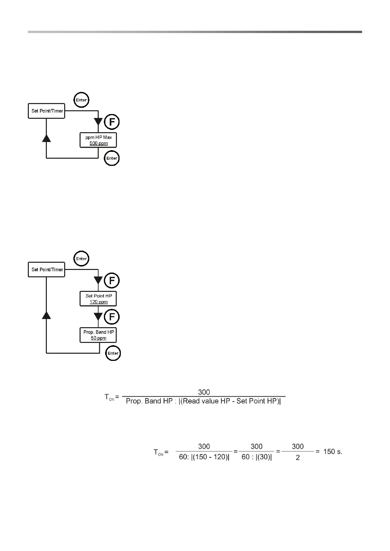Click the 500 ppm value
tap(99, 143)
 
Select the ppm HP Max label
tap(99, 137)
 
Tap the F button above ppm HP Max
tap(112, 122)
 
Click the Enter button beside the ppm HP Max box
tap(112, 158)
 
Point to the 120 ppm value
tap(99, 302)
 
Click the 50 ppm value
tap(99, 338)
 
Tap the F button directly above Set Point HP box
tap(112, 281)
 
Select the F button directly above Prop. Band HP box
tap(112, 317)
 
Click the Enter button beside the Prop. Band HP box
tap(113, 353)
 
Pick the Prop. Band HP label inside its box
tap(99, 332)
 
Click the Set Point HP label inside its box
tap(99, 296)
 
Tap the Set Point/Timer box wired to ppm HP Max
tap(46, 111)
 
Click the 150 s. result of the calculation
tap(333, 452)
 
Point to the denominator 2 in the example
tap(298, 458)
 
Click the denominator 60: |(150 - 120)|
tap(204, 457)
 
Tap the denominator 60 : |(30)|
tap(257, 457)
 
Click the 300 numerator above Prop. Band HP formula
tap(204, 392)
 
